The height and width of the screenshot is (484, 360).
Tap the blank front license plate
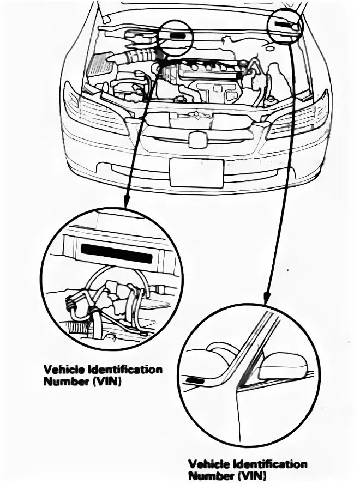click(196, 173)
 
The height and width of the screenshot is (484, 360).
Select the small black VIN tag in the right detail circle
click(193, 379)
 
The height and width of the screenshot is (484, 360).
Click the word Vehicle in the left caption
click(62, 370)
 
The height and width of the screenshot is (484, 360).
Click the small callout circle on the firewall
click(176, 37)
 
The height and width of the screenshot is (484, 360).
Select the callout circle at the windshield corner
click(285, 26)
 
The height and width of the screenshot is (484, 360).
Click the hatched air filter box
click(100, 65)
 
